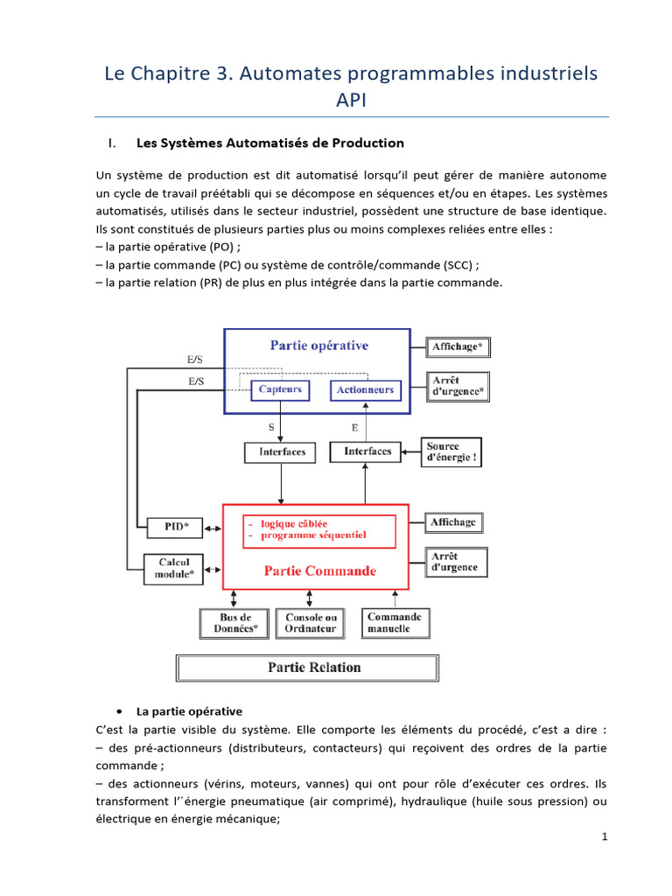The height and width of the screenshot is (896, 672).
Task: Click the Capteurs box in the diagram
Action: [x=280, y=389]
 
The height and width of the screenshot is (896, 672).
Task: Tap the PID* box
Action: [x=172, y=526]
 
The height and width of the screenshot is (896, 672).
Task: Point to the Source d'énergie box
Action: [x=451, y=452]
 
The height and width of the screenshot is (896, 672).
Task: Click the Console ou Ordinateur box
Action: [x=310, y=623]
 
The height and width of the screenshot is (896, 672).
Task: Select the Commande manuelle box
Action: [x=394, y=622]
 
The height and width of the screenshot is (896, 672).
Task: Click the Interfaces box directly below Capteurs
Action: [x=282, y=451]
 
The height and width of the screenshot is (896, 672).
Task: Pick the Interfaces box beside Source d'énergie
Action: [x=367, y=451]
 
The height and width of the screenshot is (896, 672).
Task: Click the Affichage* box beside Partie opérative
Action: [x=458, y=347]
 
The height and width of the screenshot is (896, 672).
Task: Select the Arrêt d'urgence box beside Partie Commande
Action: [x=457, y=562]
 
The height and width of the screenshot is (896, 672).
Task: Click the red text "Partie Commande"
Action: [x=319, y=571]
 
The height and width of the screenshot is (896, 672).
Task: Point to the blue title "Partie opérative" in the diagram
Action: [x=318, y=345]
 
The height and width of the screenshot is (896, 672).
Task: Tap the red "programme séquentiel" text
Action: [x=314, y=535]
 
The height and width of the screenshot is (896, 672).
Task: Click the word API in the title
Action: [x=351, y=101]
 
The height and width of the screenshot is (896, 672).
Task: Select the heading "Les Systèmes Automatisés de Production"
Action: [x=270, y=143]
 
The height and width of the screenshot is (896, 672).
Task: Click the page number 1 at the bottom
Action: [x=604, y=836]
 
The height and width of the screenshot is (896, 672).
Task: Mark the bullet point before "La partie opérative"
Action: [x=119, y=711]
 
